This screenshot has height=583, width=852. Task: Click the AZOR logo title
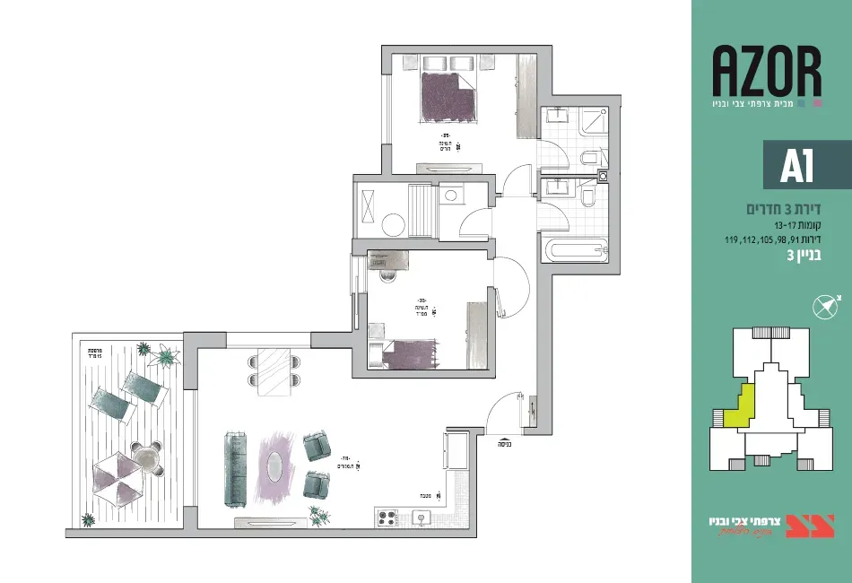pyautogui.click(x=767, y=74)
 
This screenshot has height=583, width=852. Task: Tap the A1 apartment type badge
pyautogui.click(x=797, y=165)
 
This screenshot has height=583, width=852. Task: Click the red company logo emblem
pyautogui.click(x=810, y=526)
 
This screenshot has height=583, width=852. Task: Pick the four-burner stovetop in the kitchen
pyautogui.click(x=387, y=518)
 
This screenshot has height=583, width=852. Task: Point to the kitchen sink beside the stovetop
pyautogui.click(x=419, y=518)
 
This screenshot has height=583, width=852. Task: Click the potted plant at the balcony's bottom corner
pyautogui.click(x=88, y=519)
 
